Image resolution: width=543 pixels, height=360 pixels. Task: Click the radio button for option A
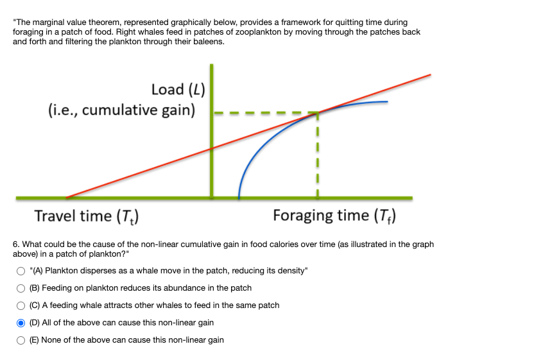(22, 271)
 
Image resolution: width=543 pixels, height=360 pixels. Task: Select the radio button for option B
(22, 288)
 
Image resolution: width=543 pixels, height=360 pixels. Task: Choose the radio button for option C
(22, 305)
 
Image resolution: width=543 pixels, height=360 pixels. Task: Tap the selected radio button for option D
(22, 323)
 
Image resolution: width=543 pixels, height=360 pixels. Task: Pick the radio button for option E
(22, 340)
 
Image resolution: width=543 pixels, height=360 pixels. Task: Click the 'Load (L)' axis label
(178, 89)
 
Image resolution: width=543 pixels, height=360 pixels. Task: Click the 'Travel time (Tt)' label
(87, 216)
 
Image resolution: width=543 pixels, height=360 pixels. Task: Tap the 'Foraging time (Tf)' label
(334, 216)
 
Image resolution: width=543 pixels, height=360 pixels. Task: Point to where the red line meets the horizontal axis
(67, 197)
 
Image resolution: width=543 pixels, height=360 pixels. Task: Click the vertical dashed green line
(316, 154)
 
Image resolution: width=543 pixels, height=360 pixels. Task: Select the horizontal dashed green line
(263, 114)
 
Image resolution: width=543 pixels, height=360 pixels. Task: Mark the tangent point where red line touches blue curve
(316, 113)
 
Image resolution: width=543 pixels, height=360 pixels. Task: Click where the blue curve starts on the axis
(239, 196)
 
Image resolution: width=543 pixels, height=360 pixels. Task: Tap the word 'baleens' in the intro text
(209, 41)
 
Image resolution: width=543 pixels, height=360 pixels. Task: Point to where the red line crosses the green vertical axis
(212, 149)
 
